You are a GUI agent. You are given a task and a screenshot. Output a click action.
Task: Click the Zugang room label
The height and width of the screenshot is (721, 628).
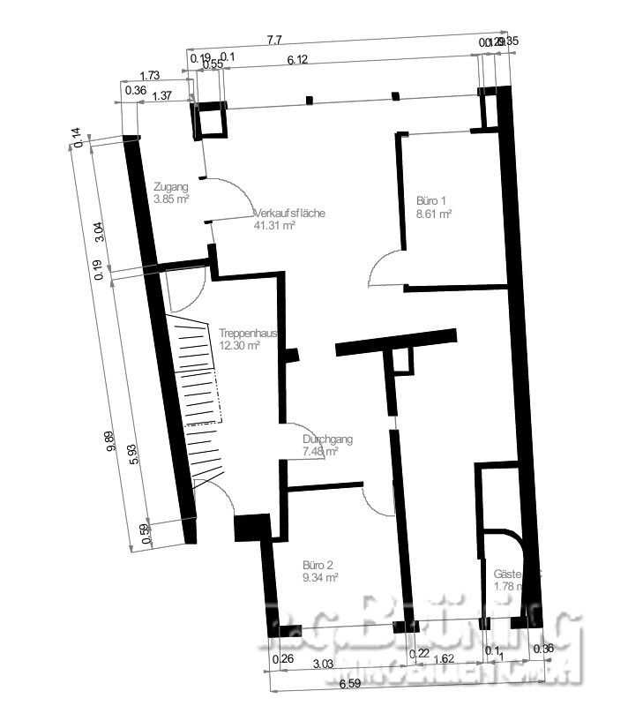point(170,187)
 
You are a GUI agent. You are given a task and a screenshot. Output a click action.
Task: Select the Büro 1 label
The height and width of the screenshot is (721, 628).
point(431,201)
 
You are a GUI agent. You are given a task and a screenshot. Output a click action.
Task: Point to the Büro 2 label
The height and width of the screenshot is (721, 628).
point(318,565)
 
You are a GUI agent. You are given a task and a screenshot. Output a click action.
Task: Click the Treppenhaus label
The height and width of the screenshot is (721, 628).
point(249,334)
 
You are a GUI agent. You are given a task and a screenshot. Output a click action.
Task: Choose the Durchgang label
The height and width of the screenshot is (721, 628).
point(321,439)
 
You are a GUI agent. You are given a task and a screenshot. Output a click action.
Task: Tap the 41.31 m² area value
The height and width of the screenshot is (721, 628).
point(273,226)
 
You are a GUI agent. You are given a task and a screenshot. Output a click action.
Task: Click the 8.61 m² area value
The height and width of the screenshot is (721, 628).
point(434,214)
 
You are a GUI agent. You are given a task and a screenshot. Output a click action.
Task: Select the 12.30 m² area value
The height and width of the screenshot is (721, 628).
point(239,346)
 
